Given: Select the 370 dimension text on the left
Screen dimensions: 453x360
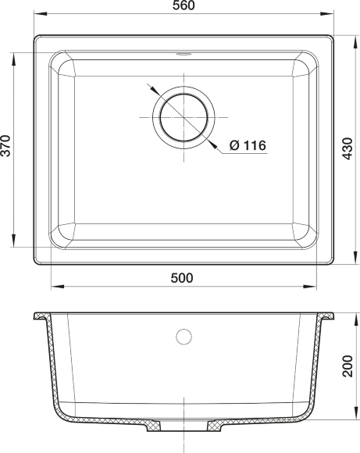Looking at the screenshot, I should pos(7,146).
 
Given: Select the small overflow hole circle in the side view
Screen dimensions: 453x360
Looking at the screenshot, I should pos(184,337).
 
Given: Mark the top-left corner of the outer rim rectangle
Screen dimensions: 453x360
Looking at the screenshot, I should pos(35,34).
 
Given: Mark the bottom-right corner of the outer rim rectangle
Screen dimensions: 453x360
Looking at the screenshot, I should pos(331,263).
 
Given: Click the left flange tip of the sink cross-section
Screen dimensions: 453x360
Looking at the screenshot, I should pos(37,319).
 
